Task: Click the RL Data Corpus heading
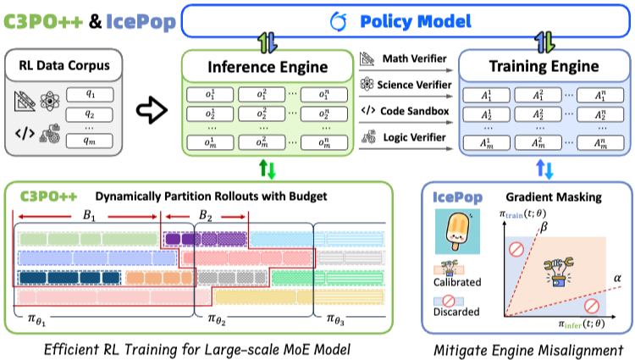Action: (x=62, y=65)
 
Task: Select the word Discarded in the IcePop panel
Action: (x=456, y=314)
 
